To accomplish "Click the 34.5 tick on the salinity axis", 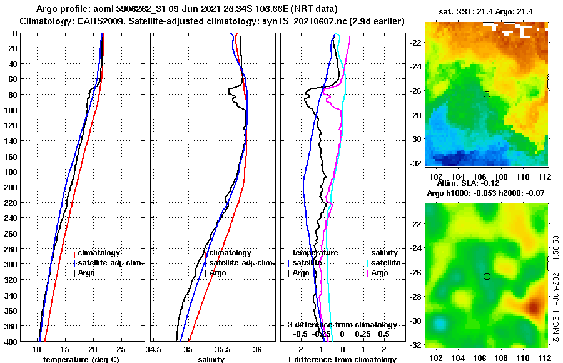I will [154, 349].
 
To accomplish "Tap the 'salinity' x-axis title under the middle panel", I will [211, 359].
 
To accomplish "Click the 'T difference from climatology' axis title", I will [342, 359].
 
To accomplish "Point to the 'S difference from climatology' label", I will [342, 325].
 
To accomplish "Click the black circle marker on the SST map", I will [487, 95].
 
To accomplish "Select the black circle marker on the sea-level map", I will [487, 276].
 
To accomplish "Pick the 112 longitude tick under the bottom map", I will [545, 358].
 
